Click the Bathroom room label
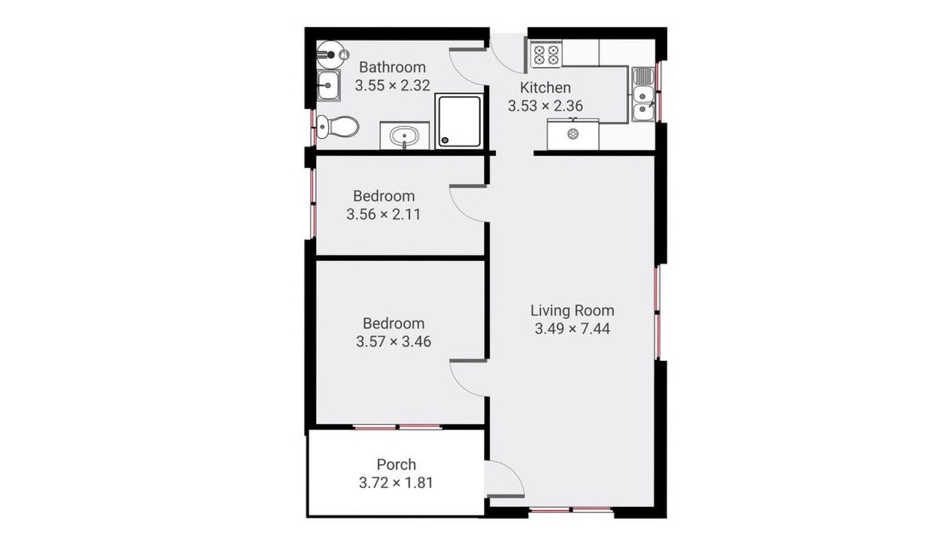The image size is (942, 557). pyautogui.click(x=392, y=68)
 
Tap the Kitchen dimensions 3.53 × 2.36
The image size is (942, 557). pyautogui.click(x=545, y=105)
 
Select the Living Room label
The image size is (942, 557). pyautogui.click(x=572, y=310)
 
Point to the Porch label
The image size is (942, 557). pyautogui.click(x=396, y=464)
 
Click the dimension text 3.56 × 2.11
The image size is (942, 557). pyautogui.click(x=383, y=214)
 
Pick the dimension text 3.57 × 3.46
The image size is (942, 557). pyautogui.click(x=394, y=342)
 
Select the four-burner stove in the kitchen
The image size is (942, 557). pyautogui.click(x=546, y=55)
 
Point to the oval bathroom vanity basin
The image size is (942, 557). pyautogui.click(x=405, y=136)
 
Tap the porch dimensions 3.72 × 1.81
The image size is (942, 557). pyautogui.click(x=396, y=483)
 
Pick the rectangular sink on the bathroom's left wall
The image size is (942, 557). pyautogui.click(x=329, y=86)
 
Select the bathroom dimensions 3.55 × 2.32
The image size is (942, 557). pyautogui.click(x=392, y=86)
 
